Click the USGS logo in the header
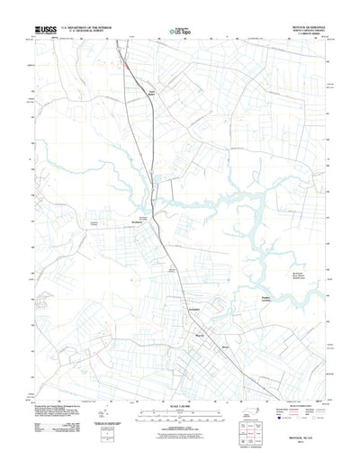45,31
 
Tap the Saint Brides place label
153,91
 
